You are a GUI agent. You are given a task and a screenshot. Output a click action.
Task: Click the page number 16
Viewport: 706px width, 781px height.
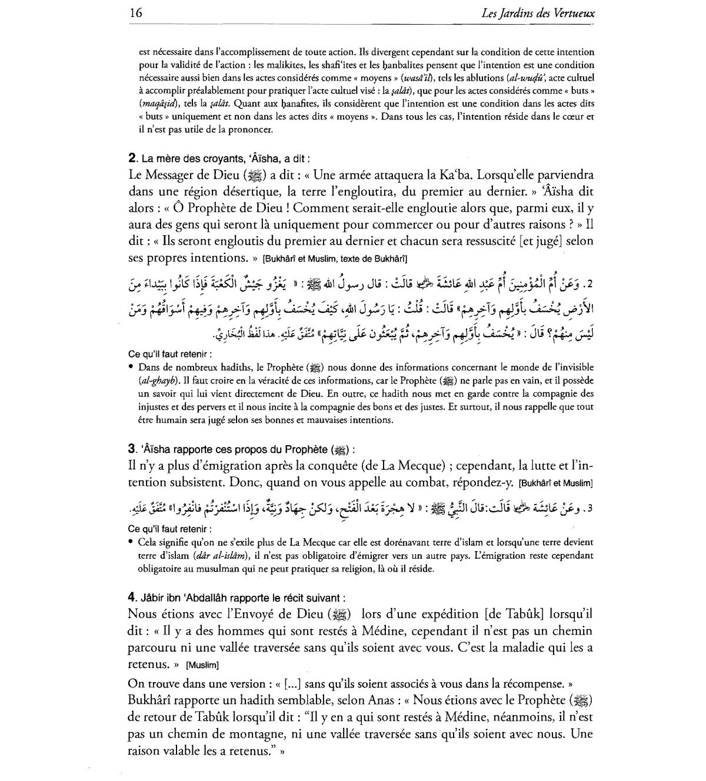[x=136, y=12]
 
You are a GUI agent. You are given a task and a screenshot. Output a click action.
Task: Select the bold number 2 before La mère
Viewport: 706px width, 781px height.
[x=132, y=158]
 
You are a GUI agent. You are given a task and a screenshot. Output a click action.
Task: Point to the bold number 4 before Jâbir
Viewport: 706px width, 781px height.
[x=132, y=597]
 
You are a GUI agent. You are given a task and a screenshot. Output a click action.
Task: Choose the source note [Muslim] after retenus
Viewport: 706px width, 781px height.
[x=202, y=666]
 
